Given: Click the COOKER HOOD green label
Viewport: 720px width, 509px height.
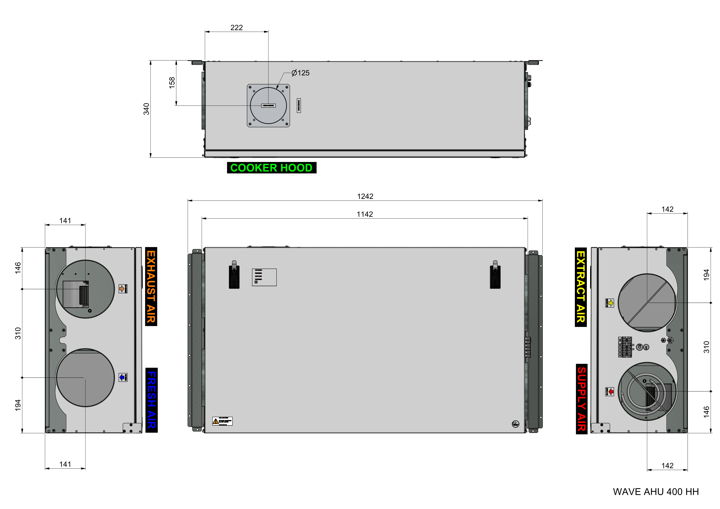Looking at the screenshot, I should [271, 168].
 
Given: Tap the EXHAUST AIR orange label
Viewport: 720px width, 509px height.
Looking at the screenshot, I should [151, 287].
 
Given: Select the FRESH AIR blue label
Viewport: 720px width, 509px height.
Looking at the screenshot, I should [151, 400].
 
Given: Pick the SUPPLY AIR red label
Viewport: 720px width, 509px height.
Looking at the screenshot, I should [581, 399].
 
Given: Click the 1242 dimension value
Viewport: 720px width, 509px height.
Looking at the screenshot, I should [365, 196].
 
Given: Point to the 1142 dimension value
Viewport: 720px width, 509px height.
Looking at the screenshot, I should [365, 214].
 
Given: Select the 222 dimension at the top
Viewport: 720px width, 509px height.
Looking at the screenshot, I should [237, 28].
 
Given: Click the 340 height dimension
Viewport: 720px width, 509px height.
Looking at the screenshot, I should [146, 109].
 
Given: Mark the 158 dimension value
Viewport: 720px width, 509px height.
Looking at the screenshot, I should [172, 83].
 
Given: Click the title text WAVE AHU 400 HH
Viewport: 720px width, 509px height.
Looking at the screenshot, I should [656, 491].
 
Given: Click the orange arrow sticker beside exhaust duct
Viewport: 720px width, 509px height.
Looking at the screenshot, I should [123, 289].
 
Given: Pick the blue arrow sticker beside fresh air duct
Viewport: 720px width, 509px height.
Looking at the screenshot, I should [123, 377].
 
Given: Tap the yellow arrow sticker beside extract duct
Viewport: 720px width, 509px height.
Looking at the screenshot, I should [609, 303].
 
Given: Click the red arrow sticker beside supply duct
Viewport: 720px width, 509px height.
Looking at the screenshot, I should [609, 391].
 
